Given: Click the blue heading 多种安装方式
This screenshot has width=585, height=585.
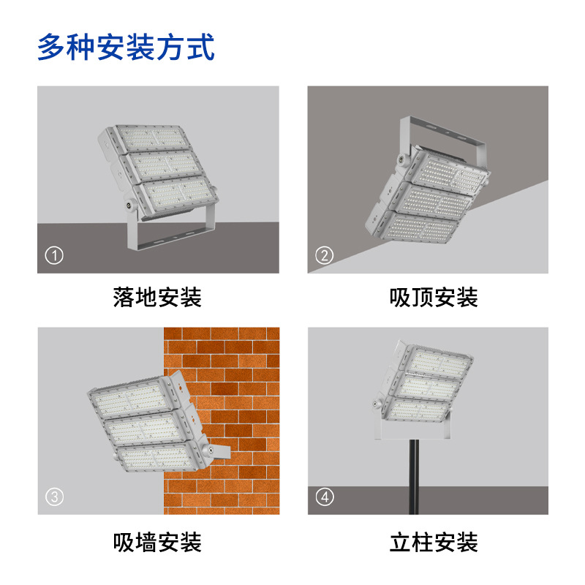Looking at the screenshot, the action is click(126, 47).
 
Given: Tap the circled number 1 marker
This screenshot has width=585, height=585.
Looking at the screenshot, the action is click(54, 255).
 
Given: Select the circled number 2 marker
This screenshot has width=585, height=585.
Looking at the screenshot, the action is click(324, 255).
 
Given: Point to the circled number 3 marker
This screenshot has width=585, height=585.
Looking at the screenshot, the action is click(54, 497).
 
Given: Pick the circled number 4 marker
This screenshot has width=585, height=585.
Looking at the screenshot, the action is click(325, 497).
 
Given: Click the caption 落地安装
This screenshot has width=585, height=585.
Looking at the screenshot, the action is click(157, 298).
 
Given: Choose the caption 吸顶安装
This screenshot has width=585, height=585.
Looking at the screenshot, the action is click(434, 298).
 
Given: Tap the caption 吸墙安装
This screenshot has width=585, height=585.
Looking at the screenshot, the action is click(157, 542).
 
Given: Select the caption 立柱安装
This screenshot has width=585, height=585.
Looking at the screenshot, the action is click(434, 542).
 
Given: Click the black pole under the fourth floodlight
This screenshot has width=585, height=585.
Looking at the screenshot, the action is click(414, 477).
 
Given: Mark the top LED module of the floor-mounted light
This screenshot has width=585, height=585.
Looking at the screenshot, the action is click(152, 138).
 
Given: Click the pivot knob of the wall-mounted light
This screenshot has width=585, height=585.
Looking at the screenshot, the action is click(211, 450).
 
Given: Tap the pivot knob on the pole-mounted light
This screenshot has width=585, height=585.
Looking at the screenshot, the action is click(376, 404).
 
